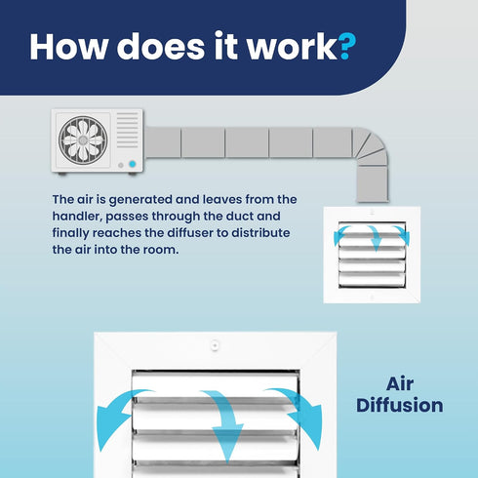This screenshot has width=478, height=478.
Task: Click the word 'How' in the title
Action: point(69,46)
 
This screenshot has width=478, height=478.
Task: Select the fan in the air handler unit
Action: point(83,140)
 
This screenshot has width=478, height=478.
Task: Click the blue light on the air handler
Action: point(132,164)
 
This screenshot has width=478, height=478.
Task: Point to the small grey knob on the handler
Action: point(121,165)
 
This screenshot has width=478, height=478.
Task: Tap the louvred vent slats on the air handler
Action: point(128,130)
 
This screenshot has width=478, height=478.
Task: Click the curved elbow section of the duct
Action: point(371,146)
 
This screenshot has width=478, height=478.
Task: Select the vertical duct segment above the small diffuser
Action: point(373,184)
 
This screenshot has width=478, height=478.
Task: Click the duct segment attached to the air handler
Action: point(163,142)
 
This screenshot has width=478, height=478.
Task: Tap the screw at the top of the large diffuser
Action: point(215,345)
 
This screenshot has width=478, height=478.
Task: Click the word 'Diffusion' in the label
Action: point(400,405)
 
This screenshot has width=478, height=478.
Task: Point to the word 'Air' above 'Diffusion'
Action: point(400,383)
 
